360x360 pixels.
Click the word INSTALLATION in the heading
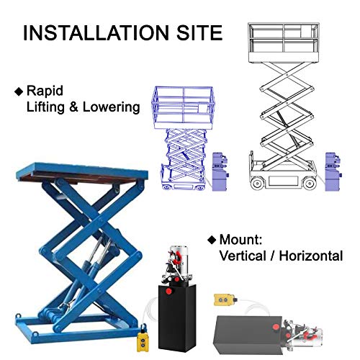point(96,32)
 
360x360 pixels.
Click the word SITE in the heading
point(199,32)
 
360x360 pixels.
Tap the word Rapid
point(45,91)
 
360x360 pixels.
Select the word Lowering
point(112,107)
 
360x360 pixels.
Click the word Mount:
point(240,240)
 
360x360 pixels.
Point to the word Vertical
point(243,256)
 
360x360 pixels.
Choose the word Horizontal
point(311,256)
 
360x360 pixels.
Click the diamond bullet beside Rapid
point(19,91)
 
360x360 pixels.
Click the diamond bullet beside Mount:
point(212,240)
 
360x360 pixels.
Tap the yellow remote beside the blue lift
point(143,342)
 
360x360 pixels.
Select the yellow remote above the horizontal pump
point(224,300)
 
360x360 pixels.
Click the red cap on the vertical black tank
point(169,292)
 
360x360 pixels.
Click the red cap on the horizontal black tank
point(276,327)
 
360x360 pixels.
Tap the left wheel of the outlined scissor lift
point(257,184)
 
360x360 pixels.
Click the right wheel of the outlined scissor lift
point(310,184)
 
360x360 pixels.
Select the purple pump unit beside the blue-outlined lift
point(220,171)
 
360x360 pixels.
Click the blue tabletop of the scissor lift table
point(81,171)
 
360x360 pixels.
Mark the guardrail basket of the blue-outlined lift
point(184,107)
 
